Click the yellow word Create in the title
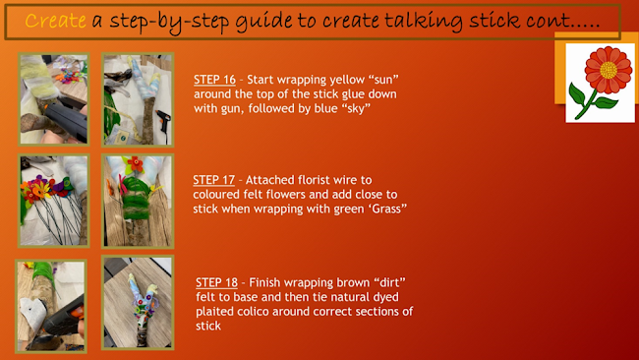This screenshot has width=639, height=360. (55, 21)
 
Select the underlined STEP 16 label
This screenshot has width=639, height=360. (214, 79)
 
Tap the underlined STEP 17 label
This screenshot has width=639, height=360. (214, 180)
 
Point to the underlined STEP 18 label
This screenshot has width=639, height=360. (217, 282)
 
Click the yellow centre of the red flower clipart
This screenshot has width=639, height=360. (609, 70)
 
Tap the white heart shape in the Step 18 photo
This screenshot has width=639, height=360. (32, 313)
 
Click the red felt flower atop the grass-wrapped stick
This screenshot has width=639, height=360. (135, 164)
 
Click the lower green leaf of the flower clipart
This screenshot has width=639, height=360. (606, 102)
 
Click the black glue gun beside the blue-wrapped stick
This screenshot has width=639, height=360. (164, 122)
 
